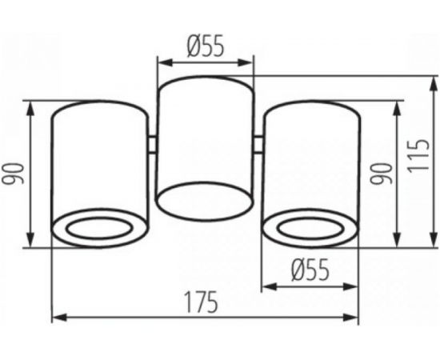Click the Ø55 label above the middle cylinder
coord(206,46)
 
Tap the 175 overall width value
coord(204,303)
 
